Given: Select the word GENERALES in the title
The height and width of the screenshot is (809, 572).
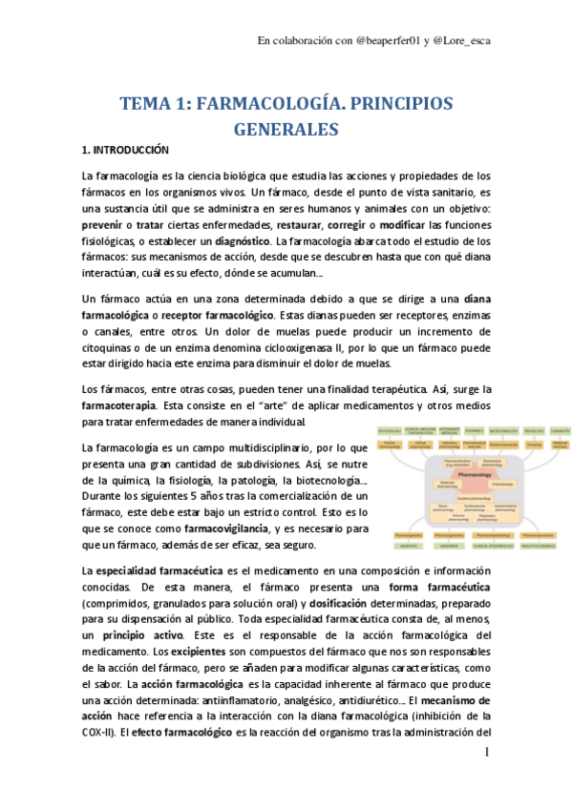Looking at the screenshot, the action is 286,129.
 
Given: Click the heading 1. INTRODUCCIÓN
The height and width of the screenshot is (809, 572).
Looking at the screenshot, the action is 124,152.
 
